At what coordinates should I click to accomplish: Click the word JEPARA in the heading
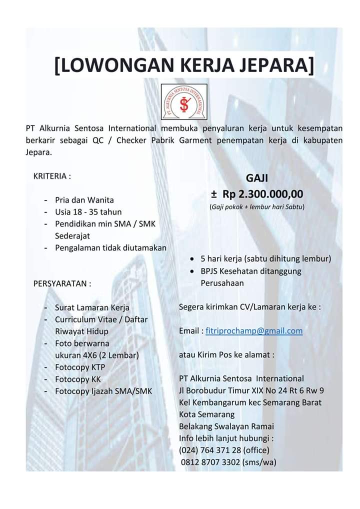click(x=270, y=65)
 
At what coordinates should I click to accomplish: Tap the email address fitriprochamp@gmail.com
click(x=254, y=331)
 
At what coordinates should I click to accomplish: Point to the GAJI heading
click(x=257, y=178)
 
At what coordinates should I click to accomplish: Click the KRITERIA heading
click(x=52, y=176)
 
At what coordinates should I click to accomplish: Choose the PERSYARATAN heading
click(x=62, y=284)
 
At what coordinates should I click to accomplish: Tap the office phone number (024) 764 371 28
click(x=217, y=450)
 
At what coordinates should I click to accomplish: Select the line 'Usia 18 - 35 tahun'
click(x=88, y=212)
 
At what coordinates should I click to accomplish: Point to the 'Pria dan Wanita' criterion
click(x=84, y=200)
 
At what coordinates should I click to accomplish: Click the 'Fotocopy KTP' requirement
click(x=80, y=367)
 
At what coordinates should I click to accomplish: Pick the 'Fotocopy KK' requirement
click(x=78, y=379)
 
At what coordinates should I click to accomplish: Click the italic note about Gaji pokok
click(x=257, y=206)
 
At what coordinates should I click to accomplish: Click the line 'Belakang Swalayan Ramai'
click(x=226, y=426)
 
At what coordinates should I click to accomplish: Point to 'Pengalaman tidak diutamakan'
click(x=110, y=247)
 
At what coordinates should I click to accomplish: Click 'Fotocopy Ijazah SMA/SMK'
click(x=103, y=391)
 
